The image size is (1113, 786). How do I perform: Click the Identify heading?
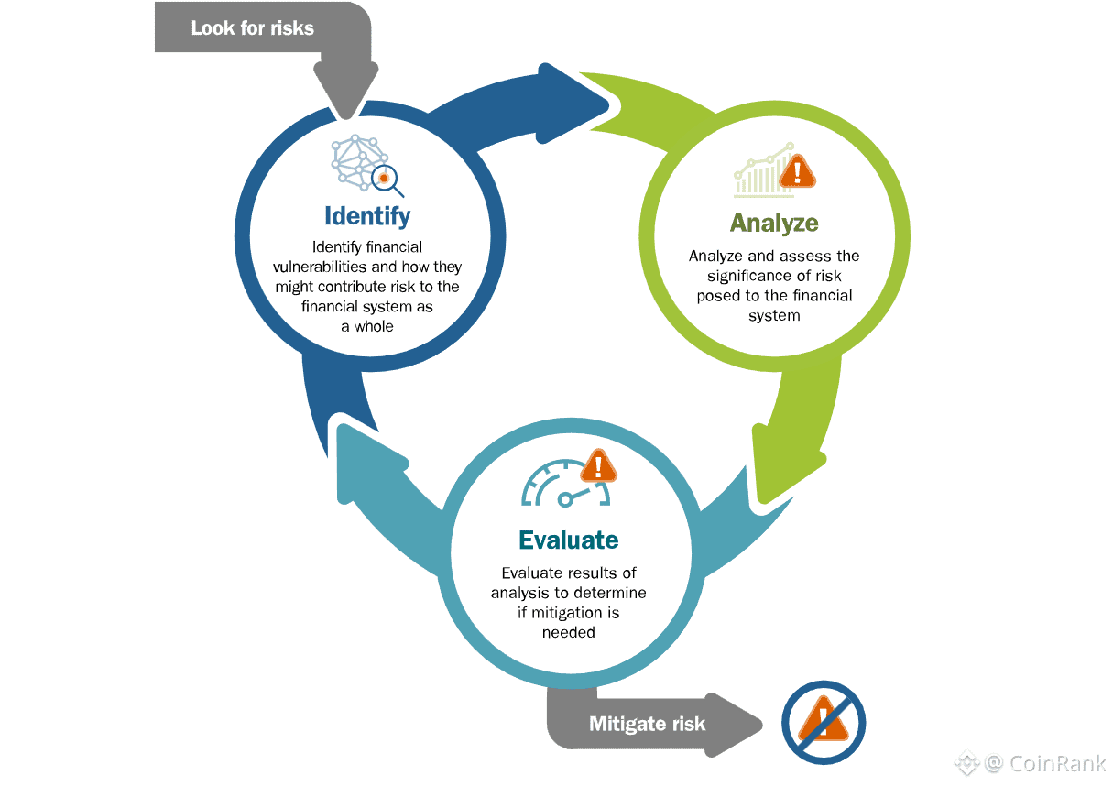367,216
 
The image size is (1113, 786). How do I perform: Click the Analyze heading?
774,223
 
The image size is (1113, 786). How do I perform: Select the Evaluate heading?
568,540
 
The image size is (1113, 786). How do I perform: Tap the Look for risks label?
252,28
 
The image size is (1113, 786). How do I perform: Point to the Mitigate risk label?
647,724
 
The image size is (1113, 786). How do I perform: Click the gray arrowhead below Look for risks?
346,87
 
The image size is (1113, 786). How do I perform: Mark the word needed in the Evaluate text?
568,632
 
